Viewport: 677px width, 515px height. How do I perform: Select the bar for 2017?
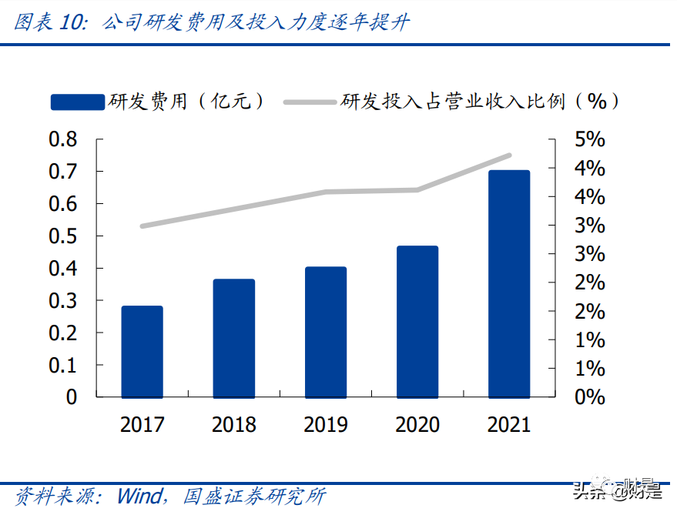tap(142, 352)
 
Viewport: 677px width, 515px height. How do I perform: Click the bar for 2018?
tap(233, 338)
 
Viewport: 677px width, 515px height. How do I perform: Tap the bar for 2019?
tap(326, 332)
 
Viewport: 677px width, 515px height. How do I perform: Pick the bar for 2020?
tap(417, 322)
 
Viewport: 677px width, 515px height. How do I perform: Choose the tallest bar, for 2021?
tap(509, 283)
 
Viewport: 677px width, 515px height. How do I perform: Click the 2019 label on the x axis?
tap(326, 424)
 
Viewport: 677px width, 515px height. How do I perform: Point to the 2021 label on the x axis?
tap(509, 424)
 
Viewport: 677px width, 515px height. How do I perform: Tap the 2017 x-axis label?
tap(142, 424)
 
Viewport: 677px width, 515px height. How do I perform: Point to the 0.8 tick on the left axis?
tap(63, 139)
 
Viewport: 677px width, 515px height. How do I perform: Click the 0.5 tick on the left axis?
tap(63, 236)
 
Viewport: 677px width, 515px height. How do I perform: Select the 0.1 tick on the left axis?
tap(63, 365)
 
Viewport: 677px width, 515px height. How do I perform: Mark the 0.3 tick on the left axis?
tap(63, 300)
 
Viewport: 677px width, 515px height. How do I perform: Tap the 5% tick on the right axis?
tap(588, 139)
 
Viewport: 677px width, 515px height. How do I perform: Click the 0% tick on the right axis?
tap(588, 397)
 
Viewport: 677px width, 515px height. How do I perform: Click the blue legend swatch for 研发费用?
tap(76, 102)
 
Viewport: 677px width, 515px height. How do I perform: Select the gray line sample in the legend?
tap(310, 102)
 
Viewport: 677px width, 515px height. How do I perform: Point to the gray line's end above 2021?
tap(509, 156)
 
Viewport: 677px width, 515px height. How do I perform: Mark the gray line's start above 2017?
tap(142, 226)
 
